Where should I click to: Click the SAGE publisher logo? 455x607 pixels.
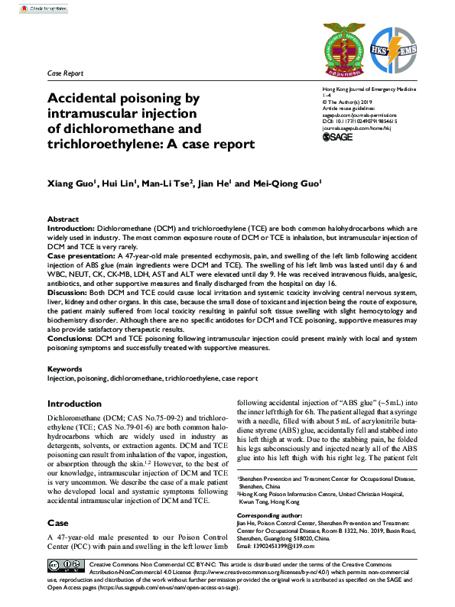(x=336, y=137)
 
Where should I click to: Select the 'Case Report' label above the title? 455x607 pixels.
(x=65, y=74)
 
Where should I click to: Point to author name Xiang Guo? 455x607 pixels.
(x=72, y=183)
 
